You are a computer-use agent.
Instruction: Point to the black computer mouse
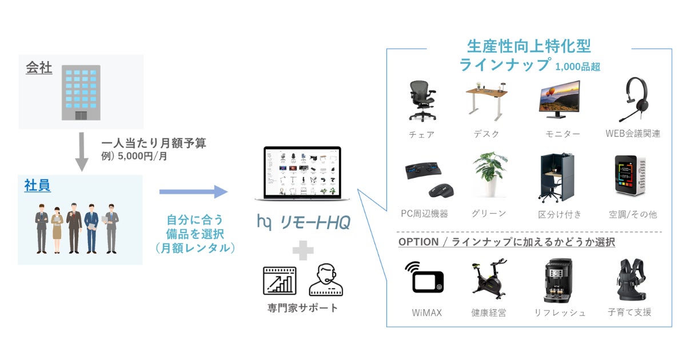click(x=441, y=189)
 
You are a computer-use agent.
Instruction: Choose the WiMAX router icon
click(x=424, y=278)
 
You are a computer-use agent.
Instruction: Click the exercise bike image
click(x=489, y=279)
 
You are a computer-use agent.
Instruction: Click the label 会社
click(x=39, y=69)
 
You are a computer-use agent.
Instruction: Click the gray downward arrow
click(x=82, y=151)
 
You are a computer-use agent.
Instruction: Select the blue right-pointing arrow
click(x=193, y=191)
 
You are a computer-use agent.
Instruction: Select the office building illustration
click(x=81, y=93)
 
